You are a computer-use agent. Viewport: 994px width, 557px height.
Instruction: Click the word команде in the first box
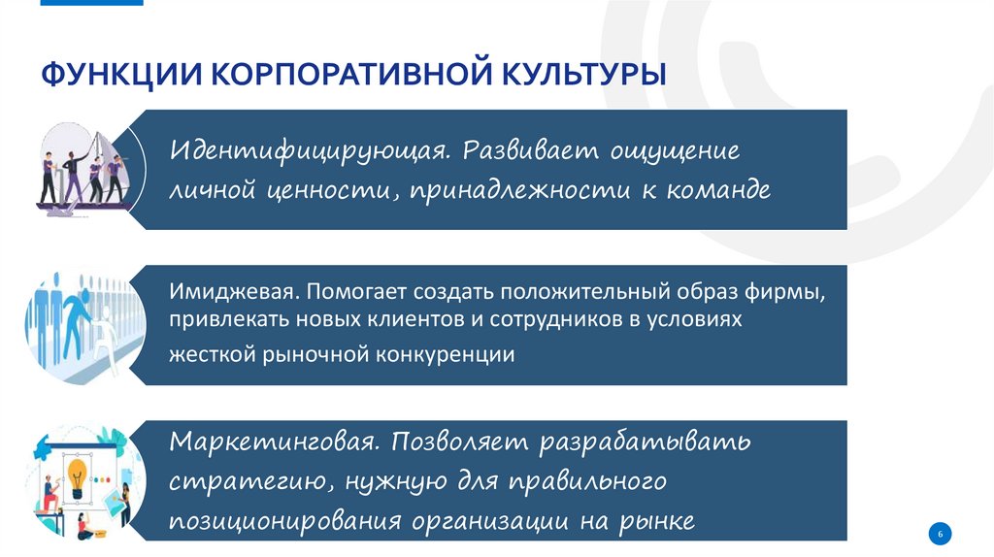[x=719, y=190]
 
